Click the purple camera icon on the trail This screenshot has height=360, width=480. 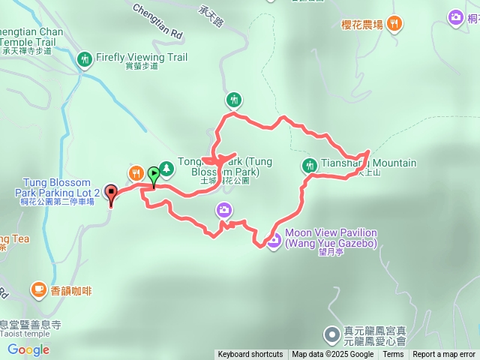pyautogui.click(x=223, y=210)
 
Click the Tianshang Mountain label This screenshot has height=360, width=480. pyautogui.click(x=368, y=163)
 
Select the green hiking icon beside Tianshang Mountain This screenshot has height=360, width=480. pyautogui.click(x=309, y=165)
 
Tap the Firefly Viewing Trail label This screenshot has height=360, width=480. pyautogui.click(x=141, y=57)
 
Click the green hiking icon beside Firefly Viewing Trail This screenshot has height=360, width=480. pyautogui.click(x=85, y=58)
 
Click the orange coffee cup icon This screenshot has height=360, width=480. pyautogui.click(x=37, y=288)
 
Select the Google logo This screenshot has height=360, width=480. pyautogui.click(x=28, y=349)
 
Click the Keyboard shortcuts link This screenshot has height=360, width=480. pyautogui.click(x=250, y=355)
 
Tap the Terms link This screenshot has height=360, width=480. pyautogui.click(x=393, y=355)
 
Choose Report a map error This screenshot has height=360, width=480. pyautogui.click(x=444, y=355)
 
